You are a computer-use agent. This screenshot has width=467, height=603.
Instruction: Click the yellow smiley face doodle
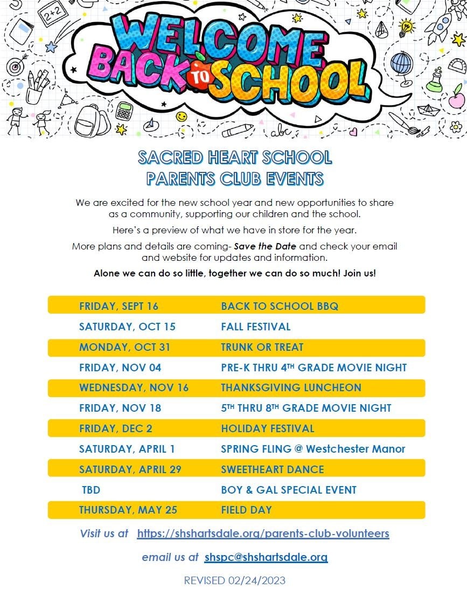click(x=182, y=116)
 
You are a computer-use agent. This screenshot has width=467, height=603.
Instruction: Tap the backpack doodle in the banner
click(x=89, y=121)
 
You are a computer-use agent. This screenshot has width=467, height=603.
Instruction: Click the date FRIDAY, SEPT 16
click(x=119, y=306)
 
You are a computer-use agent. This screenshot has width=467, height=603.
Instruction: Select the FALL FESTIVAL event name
click(x=255, y=327)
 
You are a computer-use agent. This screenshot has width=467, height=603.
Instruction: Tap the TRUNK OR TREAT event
click(x=262, y=347)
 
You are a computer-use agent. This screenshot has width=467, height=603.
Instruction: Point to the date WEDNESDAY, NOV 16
click(x=134, y=387)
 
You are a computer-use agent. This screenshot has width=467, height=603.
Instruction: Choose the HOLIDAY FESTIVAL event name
click(x=267, y=428)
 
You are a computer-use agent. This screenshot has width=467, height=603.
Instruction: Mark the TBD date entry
click(x=91, y=490)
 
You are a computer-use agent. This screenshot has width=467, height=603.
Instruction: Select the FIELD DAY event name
click(x=246, y=510)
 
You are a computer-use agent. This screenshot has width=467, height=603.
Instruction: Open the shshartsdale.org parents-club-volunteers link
click(x=263, y=533)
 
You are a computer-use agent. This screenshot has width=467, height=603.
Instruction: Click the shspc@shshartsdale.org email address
click(x=266, y=557)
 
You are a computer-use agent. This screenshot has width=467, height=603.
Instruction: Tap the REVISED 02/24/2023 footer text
click(x=234, y=580)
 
